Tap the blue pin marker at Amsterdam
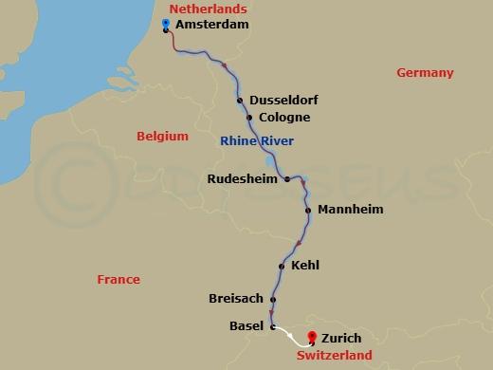click(166, 24)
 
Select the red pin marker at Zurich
click(312, 336)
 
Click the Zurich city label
click(341, 338)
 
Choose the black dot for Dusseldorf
click(240, 101)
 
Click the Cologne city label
click(284, 118)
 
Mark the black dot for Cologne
click(249, 118)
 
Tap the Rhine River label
click(256, 141)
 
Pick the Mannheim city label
click(351, 209)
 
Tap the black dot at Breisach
click(272, 300)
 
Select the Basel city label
click(246, 326)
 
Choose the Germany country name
click(425, 73)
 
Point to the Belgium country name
click(162, 137)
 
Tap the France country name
click(119, 279)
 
